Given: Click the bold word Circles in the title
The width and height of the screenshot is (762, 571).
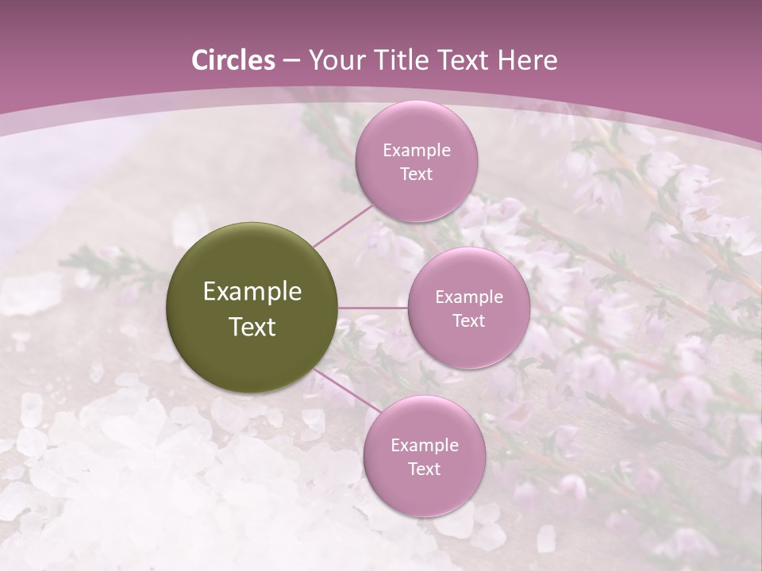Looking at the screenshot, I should pos(233,60).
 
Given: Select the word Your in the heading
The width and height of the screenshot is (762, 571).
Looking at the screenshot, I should pos(333,60).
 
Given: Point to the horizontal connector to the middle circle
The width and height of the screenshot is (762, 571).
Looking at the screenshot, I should pos(373,308).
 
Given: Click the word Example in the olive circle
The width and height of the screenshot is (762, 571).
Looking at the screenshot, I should pos(252,292).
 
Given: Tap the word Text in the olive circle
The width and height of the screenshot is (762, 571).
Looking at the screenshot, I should pos(252,327).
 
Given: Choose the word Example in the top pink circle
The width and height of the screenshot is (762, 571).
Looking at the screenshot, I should pos(417,151).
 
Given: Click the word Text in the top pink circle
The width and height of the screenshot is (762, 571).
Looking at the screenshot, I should pos(417,174).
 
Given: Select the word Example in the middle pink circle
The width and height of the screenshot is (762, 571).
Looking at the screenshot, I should pos(469,297).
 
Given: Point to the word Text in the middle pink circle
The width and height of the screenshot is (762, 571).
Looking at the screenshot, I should pos(469,320).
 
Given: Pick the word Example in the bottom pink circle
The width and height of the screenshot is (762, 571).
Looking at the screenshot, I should pos(424,445).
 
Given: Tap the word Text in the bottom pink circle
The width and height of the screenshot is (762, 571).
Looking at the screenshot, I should pos(424,469).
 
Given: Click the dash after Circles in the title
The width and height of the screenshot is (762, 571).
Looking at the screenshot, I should pos(291,61).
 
